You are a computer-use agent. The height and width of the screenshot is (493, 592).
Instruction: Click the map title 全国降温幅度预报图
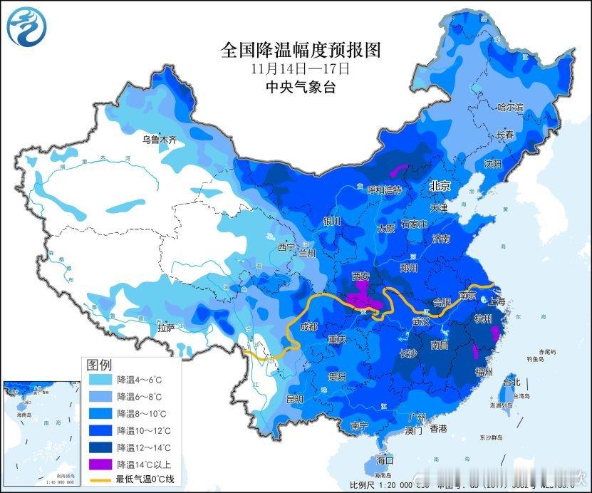(x=301, y=50)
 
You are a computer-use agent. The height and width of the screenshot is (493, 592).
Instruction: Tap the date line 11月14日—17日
(x=301, y=69)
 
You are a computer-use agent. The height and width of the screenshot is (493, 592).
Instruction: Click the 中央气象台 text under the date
(x=301, y=88)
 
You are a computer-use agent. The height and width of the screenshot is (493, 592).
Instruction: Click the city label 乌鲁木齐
(x=157, y=140)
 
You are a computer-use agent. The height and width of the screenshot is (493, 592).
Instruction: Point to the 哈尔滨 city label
(x=510, y=108)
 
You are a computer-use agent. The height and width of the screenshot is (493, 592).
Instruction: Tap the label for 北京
(x=440, y=185)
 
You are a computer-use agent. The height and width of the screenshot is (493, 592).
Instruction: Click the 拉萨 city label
(x=165, y=328)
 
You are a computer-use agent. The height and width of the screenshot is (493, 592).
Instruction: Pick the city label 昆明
(x=294, y=398)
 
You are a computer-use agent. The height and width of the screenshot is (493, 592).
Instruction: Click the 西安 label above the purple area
(x=363, y=275)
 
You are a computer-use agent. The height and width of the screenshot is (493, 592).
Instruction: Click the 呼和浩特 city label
(x=384, y=190)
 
